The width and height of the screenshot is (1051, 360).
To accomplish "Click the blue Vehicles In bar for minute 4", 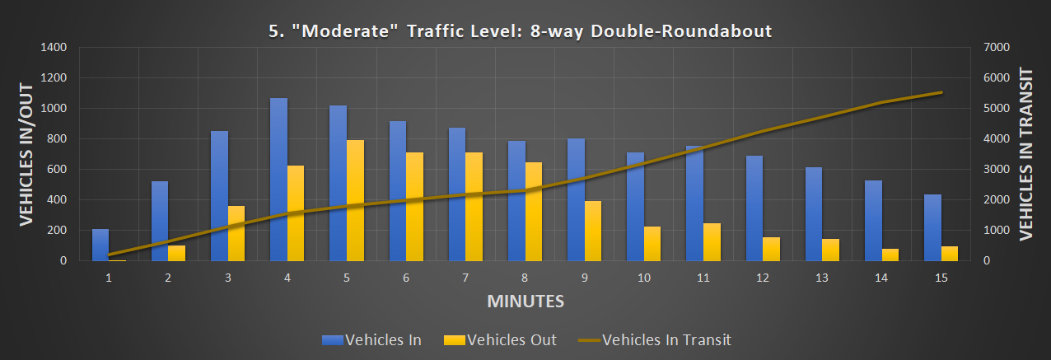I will coord(278,180).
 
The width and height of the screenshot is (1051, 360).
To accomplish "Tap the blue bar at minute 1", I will coord(100,245).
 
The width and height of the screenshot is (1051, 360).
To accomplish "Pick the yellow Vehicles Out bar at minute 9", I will coord(593,231).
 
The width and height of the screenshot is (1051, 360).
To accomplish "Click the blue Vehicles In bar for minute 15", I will coord(933,227).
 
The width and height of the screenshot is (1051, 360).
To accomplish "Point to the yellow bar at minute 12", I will coord(772,249).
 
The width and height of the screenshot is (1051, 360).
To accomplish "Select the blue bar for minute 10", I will coord(635,207).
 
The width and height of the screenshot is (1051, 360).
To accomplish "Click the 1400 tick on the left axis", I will coord(54,48).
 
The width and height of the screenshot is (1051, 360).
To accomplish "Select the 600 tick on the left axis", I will coord(57,170).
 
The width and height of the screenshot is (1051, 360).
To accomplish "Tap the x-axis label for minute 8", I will coord(525,278).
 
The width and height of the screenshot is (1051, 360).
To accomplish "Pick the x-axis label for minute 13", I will coord(822,278).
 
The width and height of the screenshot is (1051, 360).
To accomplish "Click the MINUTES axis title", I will coord(525,301).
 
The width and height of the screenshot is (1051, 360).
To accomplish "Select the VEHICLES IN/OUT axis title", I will coord(26,155).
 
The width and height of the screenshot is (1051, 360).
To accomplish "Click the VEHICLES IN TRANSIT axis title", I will coord(1026,155).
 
